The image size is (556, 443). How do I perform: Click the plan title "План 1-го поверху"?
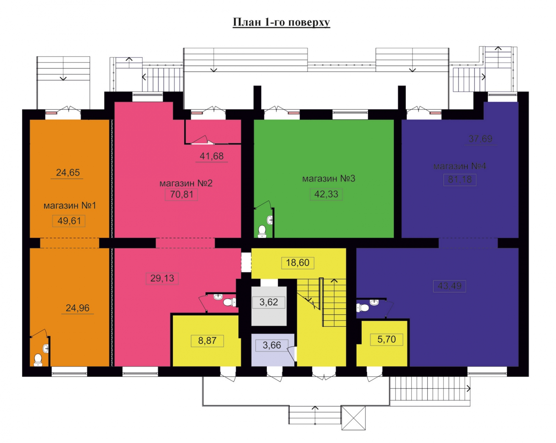pyautogui.click(x=281, y=22)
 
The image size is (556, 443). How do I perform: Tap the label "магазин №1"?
pyautogui.click(x=70, y=206)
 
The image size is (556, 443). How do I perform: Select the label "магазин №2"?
pyautogui.click(x=186, y=183)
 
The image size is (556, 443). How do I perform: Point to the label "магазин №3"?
pyautogui.click(x=329, y=179)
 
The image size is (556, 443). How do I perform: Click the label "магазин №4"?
pyautogui.click(x=460, y=166)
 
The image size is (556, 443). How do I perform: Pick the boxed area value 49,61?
pyautogui.click(x=69, y=221)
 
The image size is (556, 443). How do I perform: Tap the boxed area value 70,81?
pyautogui.click(x=181, y=194)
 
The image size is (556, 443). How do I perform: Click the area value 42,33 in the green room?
pyautogui.click(x=326, y=194)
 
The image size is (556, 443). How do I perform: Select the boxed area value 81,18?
pyautogui.click(x=460, y=179)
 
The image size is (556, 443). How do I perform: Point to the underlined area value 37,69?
pyautogui.click(x=480, y=139)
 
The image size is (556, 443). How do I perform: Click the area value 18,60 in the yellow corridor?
pyautogui.click(x=298, y=263)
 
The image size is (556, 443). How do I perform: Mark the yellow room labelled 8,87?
pyautogui.click(x=206, y=341)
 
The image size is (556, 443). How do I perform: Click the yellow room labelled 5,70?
pyautogui.click(x=382, y=344)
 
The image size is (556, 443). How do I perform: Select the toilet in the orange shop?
pyautogui.click(x=38, y=360)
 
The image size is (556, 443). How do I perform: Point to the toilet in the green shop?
pyautogui.click(x=262, y=231)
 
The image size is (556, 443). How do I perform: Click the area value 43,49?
pyautogui.click(x=449, y=286)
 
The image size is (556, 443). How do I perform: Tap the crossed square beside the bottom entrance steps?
pyautogui.click(x=354, y=418)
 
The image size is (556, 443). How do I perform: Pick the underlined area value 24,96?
pyautogui.click(x=77, y=308)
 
